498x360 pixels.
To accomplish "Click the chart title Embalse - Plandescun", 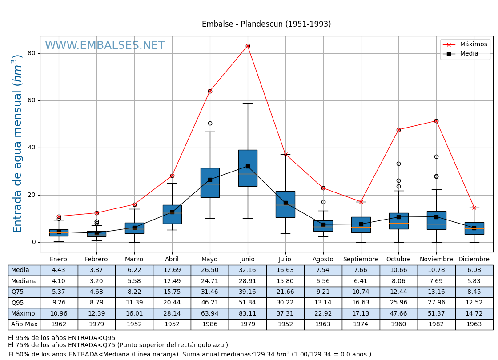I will point(266,24).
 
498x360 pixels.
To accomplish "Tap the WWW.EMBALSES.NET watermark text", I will point(105,46).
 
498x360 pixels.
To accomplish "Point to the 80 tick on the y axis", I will point(31,53).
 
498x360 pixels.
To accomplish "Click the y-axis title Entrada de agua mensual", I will point(17,144).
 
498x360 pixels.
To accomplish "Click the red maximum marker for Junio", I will point(248,46).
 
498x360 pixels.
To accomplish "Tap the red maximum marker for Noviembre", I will point(436,121).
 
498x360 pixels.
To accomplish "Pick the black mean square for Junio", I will point(248,166).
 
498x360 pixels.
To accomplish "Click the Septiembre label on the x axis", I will point(361,260).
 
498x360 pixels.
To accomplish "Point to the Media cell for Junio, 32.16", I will point(247,270).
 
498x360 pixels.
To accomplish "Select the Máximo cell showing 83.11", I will point(247,313).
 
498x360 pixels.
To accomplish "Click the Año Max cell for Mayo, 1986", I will point(210,324).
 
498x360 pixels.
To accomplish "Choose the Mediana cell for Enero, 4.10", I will point(59,281).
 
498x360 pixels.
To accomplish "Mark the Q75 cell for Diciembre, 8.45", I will point(474,292).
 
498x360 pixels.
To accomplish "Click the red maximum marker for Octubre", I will point(398,130).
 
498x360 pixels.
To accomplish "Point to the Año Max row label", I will point(24,324).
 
